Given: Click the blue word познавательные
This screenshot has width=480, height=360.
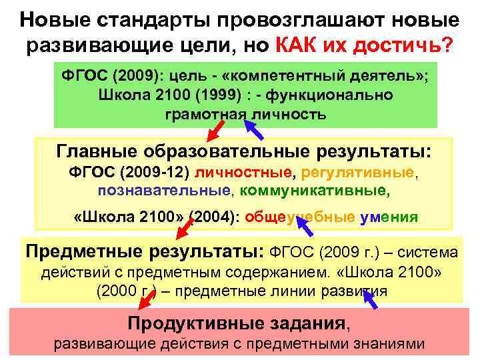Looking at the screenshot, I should (163, 191).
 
